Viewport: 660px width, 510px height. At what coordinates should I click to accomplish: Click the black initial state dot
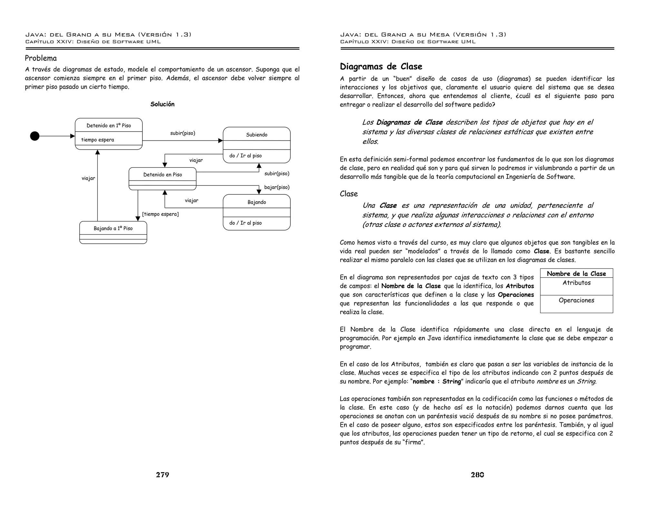[35, 136]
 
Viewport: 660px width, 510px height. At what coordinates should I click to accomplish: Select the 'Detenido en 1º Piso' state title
[109, 125]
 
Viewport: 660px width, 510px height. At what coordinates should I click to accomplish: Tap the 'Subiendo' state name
[257, 134]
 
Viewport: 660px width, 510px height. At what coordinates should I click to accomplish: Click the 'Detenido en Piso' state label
[162, 174]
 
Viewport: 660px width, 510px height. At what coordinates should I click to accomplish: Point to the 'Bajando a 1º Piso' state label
[113, 228]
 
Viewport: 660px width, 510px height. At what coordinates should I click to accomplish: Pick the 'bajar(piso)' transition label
[277, 187]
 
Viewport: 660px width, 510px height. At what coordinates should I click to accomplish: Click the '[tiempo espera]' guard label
[160, 214]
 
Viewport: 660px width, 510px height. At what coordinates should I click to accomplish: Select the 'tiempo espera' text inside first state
[97, 140]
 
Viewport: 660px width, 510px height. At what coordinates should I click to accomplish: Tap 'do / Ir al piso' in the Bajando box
[245, 223]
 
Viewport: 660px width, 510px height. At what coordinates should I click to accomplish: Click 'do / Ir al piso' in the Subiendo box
[245, 155]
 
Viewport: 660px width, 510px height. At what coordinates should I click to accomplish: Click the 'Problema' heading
[41, 58]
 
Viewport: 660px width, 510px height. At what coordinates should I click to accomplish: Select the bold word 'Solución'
[162, 104]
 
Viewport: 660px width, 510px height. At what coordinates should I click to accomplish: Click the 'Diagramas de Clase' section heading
[381, 66]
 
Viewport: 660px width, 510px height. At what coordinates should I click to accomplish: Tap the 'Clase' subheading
[349, 194]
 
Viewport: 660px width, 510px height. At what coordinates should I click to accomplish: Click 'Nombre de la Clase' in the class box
[576, 273]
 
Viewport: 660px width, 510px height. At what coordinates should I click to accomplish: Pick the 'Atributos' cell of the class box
[576, 283]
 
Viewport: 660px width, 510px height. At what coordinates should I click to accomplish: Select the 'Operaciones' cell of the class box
[576, 300]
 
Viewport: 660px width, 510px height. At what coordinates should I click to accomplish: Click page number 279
[162, 475]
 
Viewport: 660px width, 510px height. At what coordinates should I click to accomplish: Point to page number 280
[477, 475]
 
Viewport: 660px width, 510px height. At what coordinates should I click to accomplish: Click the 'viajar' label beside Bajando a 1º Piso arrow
[88, 178]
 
